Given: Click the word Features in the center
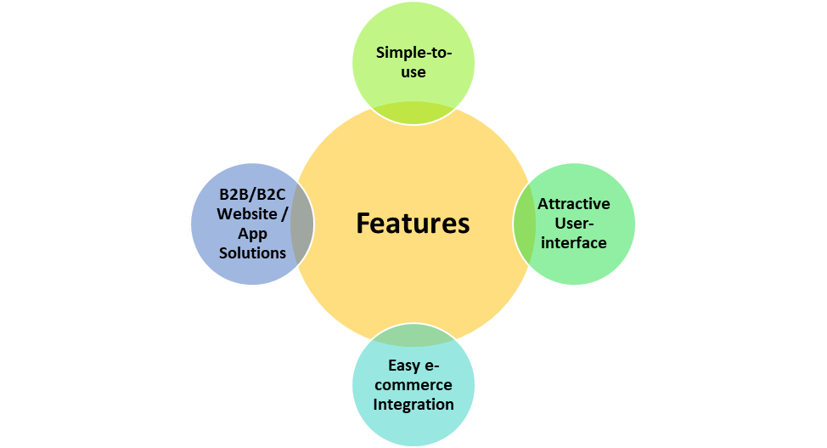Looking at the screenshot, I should [x=413, y=223].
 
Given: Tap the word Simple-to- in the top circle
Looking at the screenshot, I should [x=413, y=53].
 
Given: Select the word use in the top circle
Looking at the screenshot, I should [x=413, y=72].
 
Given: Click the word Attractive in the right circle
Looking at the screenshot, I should [x=574, y=204].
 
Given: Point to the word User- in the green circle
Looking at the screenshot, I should [x=574, y=224].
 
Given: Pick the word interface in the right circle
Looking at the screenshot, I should [x=574, y=243].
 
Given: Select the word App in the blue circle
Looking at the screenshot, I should [x=252, y=234].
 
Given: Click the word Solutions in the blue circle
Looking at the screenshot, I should [x=252, y=252].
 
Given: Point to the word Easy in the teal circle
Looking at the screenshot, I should [x=404, y=366].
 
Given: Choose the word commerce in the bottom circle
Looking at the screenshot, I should [x=413, y=385].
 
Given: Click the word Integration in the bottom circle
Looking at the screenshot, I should [x=413, y=404].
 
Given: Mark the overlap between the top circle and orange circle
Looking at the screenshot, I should [x=413, y=111].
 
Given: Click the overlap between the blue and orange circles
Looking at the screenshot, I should [x=302, y=224].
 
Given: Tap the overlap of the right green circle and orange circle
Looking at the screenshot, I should [x=525, y=224].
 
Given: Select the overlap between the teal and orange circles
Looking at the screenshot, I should [x=413, y=336].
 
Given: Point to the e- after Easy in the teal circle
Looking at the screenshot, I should [x=431, y=366].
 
